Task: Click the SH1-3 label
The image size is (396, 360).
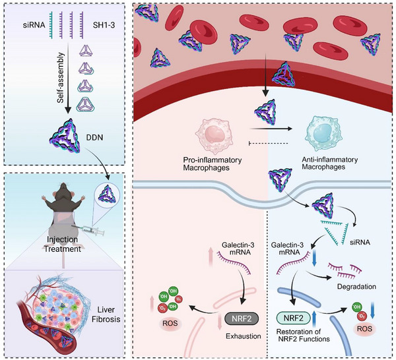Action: (104, 24)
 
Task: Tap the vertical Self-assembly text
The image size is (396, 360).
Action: (60, 78)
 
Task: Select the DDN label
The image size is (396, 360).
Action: (94, 138)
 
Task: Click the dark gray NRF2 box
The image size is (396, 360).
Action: (242, 318)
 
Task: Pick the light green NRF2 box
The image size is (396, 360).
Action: (294, 318)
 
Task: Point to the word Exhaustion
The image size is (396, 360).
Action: (243, 336)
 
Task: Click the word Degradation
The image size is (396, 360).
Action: (356, 287)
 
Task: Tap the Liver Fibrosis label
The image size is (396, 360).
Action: (106, 315)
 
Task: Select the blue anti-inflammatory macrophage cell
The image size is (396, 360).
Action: (324, 133)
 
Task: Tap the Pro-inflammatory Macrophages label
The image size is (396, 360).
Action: (213, 164)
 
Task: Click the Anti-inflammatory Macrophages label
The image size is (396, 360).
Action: (330, 164)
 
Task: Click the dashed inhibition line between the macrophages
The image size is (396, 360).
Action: (269, 144)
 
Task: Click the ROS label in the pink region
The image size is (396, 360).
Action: (170, 323)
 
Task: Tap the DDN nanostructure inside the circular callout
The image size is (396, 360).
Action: (107, 195)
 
